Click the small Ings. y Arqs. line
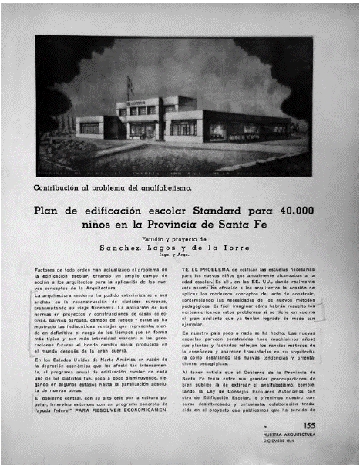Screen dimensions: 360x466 pos(179,255)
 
